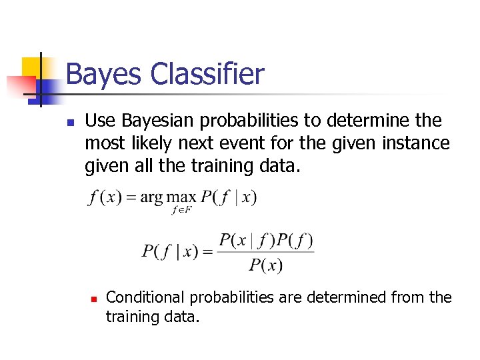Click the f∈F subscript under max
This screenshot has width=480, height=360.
181,210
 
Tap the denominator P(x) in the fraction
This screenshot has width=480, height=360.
266,265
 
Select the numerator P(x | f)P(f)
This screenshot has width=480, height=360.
266,239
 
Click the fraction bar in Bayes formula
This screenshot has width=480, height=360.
266,252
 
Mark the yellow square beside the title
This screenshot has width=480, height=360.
33,67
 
